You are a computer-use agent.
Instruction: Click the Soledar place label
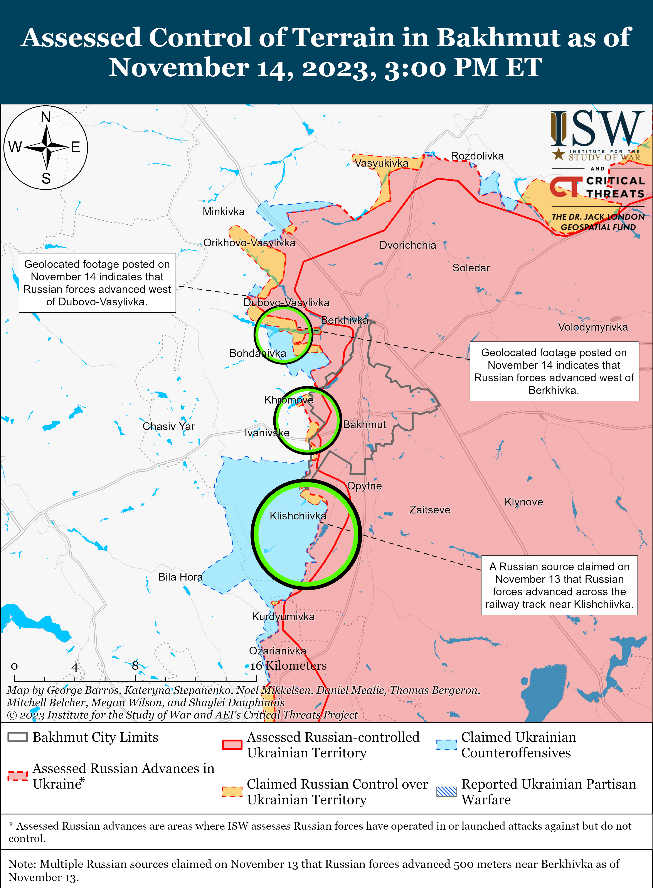pos(471,268)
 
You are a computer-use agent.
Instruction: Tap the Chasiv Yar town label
pos(168,426)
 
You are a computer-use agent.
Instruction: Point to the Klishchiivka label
pos(298,516)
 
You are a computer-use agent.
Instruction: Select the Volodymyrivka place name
pos(592,327)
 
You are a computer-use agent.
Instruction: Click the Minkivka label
pos(223,212)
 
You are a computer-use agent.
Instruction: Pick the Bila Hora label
pos(180,577)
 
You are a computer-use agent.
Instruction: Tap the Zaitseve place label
pos(430,510)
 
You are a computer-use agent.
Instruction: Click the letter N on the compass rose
pos(46,117)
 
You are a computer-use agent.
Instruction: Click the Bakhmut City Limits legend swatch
pos(18,737)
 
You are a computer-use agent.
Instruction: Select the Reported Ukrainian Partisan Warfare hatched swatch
pos(446,792)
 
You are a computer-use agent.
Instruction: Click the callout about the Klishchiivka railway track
pos(559,585)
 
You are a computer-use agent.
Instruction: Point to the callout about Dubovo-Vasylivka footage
pos(97,283)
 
